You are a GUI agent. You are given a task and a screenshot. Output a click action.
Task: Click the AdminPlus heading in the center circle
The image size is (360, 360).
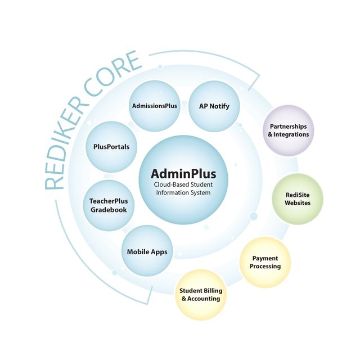coord(183,174)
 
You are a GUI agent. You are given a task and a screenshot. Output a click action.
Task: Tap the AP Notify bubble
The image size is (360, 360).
coord(214,106)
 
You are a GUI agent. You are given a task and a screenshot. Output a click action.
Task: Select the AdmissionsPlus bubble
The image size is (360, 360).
coord(155,106)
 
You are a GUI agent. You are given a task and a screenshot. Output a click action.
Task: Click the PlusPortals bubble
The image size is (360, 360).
coord(111,147)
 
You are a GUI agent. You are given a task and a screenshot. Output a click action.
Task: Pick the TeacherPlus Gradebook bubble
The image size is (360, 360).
coord(109,205)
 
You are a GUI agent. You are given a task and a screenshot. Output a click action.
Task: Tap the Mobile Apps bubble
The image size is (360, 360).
coord(147,251)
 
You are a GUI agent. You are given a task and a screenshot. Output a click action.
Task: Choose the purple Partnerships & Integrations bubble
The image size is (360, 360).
coord(289,130)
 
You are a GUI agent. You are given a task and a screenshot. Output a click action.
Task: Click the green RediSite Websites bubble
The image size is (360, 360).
coord(298,199)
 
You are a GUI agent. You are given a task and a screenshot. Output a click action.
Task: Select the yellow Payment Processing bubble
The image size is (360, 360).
coord(265,262)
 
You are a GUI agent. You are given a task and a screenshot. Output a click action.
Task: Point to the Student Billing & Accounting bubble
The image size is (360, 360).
coord(201,295)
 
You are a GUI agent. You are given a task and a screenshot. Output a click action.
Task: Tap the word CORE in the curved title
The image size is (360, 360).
coord(112,74)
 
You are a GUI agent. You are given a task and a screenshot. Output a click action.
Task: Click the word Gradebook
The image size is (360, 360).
coord(109,210)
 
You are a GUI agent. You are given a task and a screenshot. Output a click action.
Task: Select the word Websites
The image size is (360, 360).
coord(298,203)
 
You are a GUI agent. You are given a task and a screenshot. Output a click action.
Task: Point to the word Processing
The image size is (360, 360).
coord(265,266)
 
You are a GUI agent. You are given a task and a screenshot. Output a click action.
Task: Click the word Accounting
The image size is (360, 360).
coord(204,299)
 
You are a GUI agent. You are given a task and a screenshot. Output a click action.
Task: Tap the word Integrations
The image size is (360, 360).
coord(291,134)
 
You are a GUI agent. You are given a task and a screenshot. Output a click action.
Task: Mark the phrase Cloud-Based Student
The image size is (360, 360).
coord(183,184)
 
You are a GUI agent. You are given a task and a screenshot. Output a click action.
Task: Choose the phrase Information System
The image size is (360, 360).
coord(183,192)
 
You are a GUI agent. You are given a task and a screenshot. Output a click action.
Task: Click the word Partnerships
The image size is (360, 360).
coord(289,127)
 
